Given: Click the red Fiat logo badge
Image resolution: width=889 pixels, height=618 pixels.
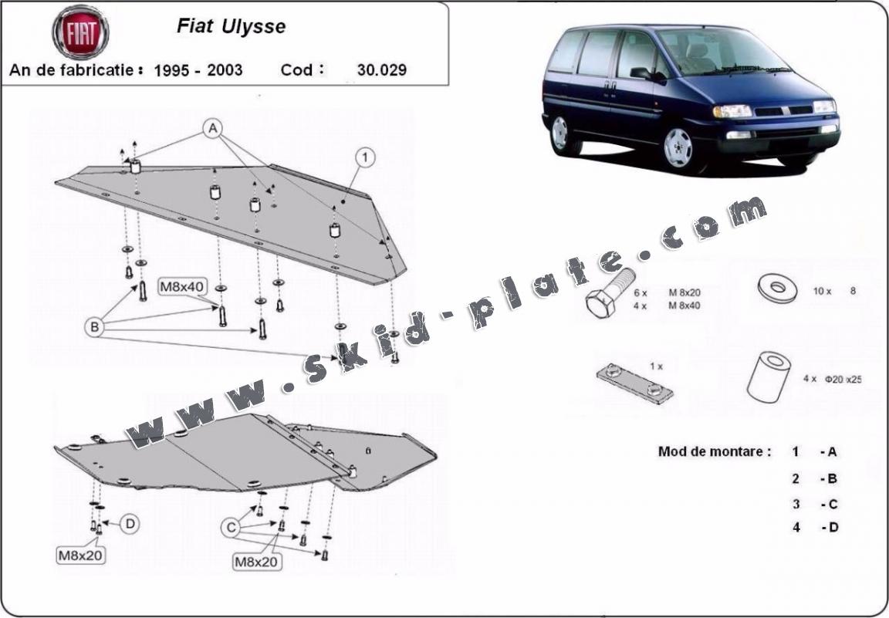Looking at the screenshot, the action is coord(80,32).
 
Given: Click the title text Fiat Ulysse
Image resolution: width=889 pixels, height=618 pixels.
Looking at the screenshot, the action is coord(232,27).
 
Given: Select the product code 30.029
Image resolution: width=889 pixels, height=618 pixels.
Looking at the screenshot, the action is coord(381,69).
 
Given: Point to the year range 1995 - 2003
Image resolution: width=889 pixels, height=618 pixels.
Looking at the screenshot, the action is coord(198,69).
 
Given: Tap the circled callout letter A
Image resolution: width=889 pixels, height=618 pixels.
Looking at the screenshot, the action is coord(213,129).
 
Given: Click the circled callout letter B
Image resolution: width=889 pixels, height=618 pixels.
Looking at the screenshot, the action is coord(95,327).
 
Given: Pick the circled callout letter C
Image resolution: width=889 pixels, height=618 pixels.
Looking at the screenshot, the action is coord(231,529).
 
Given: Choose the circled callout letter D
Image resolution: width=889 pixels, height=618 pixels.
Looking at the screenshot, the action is coord(130,524).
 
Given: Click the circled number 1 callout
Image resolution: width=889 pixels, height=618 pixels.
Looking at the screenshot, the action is coord(366,157).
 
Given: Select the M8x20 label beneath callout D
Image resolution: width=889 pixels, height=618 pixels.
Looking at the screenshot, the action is coord(81,555).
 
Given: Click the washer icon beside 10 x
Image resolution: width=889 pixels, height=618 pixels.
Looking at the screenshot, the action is coord(777,288).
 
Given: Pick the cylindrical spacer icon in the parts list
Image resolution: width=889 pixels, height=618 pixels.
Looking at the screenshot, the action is coord(769,377).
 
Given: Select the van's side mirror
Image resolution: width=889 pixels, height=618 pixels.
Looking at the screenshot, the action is coord(642,73).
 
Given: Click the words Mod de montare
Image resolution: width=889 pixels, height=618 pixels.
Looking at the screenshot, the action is coord(715,452).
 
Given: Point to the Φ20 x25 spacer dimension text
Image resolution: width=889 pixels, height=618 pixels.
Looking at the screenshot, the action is coord(843,379).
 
